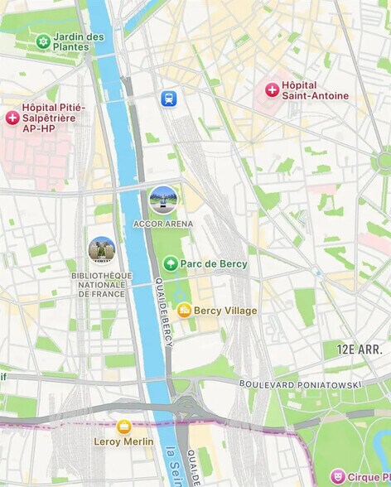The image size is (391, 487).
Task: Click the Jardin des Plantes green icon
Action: coord(42,41)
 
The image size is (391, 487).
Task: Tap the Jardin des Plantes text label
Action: coord(79,41)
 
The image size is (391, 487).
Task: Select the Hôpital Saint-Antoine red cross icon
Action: coord(272,89)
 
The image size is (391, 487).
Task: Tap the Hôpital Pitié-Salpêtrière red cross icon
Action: coord(12,118)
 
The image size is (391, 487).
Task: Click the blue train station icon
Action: coord(169,99)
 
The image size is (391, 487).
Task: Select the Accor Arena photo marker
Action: coord(162,200)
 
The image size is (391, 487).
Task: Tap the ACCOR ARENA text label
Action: coord(162,224)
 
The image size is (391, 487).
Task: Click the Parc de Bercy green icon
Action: coord(171,263)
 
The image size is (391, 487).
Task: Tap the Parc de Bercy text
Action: coord(214,263)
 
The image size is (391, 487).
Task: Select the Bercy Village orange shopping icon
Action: coord(184,311)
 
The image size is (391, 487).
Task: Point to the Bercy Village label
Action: coord(225,311)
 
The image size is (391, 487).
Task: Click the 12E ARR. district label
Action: coord(360,350)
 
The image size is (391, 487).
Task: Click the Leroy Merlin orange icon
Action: coord(123,427)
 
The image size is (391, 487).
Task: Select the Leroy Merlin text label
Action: coord(123,442)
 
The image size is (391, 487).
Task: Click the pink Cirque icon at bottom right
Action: coord(337,476)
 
